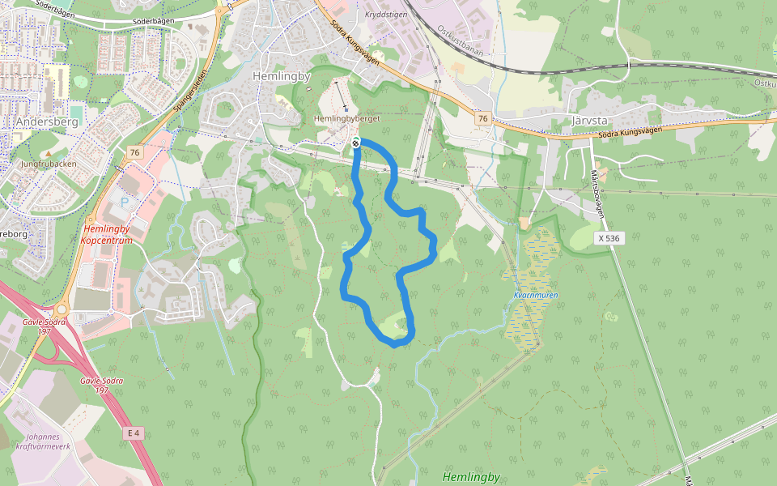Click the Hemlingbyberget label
click(346, 118)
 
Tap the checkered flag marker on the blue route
click(355, 143)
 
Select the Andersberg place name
click(46, 122)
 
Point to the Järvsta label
click(589, 120)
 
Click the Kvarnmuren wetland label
click(535, 295)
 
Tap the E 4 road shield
click(134, 433)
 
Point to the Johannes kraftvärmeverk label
click(49, 441)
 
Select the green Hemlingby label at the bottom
click(471, 477)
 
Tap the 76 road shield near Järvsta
click(482, 119)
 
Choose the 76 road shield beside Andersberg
click(134, 152)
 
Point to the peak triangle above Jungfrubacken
click(48, 153)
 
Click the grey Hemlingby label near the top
click(282, 76)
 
